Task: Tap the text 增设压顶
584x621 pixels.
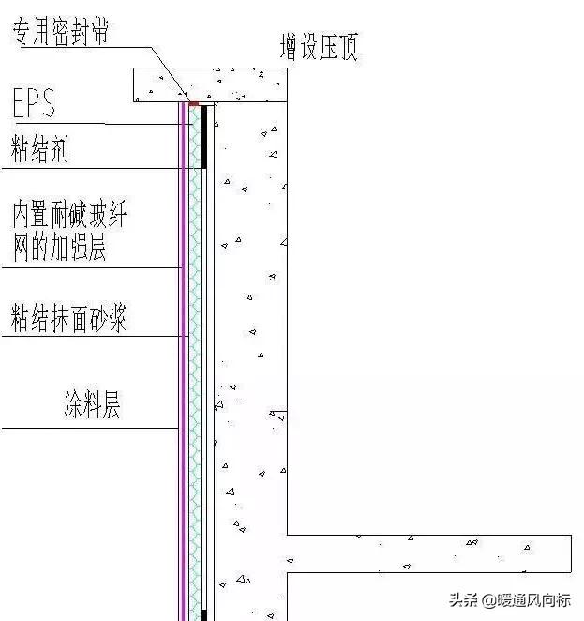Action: (319, 45)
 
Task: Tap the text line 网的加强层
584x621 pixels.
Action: (58, 246)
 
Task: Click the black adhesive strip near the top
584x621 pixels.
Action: (203, 135)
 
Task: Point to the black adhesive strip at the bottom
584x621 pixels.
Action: (203, 614)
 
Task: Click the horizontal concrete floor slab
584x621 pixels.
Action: (422, 553)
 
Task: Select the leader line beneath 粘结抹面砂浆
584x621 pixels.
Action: (94, 336)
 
